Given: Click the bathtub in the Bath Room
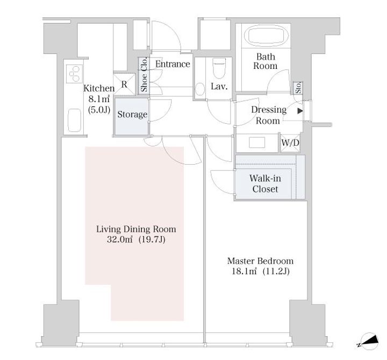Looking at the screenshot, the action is click(x=266, y=36).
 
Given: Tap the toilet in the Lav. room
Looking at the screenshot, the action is click(x=219, y=68).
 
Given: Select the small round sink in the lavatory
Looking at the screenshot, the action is click(x=200, y=89).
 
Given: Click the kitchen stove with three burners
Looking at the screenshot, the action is click(x=74, y=74).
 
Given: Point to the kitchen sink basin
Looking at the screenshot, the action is click(x=74, y=121).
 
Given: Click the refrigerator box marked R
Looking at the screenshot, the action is click(x=124, y=84).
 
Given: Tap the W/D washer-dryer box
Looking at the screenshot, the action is click(x=290, y=143).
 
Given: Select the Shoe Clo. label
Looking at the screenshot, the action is click(x=144, y=74).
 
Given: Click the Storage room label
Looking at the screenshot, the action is click(x=132, y=115).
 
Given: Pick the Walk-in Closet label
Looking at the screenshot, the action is click(x=266, y=183).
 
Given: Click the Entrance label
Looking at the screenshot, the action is click(x=173, y=64).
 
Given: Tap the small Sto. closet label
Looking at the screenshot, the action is click(x=298, y=88).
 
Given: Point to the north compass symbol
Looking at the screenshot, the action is click(x=369, y=341).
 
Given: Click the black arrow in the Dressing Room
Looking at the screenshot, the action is click(x=300, y=111).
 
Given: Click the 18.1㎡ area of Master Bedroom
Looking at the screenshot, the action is click(x=245, y=271).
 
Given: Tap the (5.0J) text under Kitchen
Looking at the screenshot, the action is click(x=99, y=110).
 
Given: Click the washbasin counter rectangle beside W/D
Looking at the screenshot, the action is click(x=257, y=143).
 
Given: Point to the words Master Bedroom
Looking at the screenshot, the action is click(x=260, y=261).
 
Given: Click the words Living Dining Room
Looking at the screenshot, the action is click(x=136, y=229).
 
